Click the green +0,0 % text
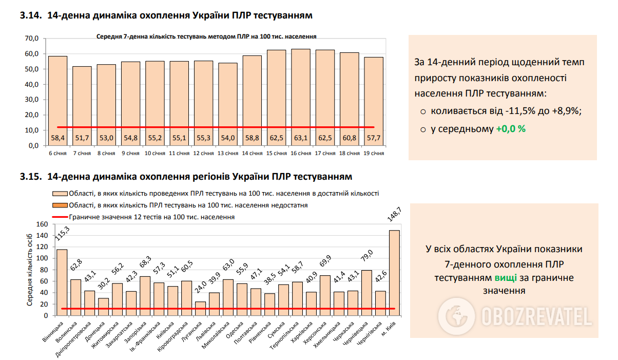click(x=511, y=129)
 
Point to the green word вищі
click(x=506, y=278)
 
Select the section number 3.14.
click(x=30, y=16)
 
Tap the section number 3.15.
click(x=30, y=177)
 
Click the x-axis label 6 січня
click(x=57, y=153)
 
